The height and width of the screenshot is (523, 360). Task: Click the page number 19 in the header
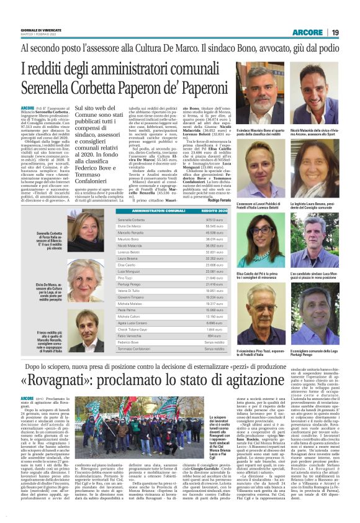(335, 32)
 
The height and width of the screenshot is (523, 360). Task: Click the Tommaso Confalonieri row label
(136, 349)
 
